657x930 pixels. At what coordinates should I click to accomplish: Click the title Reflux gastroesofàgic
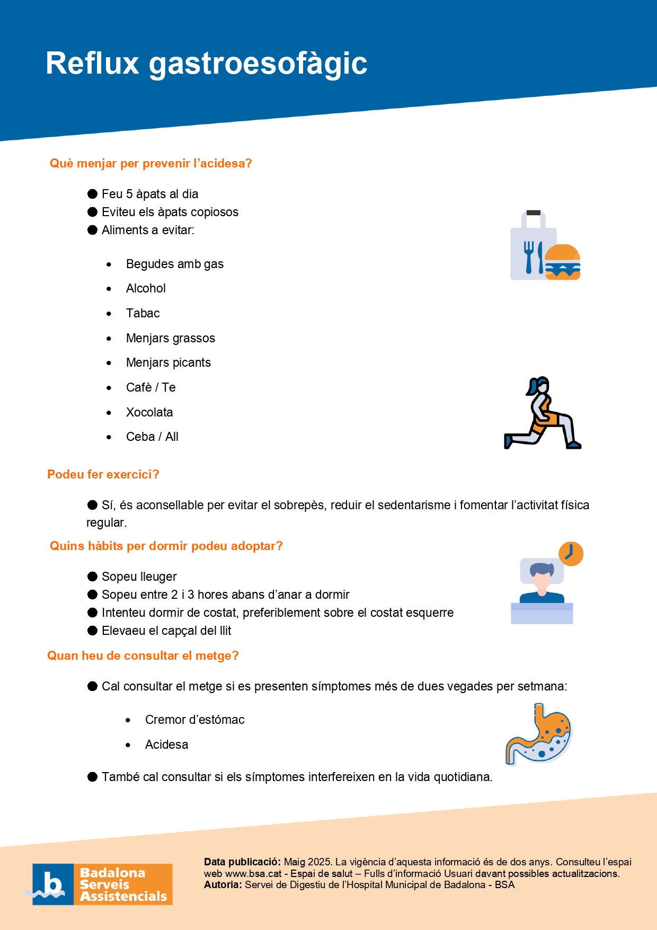click(x=206, y=64)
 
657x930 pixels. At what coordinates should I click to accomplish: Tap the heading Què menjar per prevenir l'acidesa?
click(x=150, y=163)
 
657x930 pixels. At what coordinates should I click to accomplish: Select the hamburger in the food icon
click(x=562, y=262)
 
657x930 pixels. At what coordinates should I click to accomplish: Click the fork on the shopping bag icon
click(x=528, y=257)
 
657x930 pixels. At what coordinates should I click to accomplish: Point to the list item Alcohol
click(x=146, y=288)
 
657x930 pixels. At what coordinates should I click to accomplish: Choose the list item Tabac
click(x=143, y=313)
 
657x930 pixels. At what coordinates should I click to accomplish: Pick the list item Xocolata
click(x=149, y=412)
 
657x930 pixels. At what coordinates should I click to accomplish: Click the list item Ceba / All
click(x=152, y=437)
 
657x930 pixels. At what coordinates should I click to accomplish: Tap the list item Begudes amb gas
click(x=174, y=264)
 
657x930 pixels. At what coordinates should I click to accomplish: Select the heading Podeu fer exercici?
click(x=103, y=474)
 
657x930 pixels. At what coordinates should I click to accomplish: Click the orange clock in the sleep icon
click(x=571, y=554)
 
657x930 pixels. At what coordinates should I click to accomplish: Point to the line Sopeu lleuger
click(x=139, y=577)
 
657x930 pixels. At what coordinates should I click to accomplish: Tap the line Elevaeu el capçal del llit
click(x=166, y=631)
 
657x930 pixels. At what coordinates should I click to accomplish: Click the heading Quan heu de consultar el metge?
click(x=143, y=656)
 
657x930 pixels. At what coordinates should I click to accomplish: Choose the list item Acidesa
click(x=166, y=745)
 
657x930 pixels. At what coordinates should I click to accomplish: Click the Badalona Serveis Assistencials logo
click(x=102, y=884)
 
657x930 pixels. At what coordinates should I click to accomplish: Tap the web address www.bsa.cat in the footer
click(x=253, y=873)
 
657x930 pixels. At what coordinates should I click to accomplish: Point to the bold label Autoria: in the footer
click(x=223, y=884)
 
